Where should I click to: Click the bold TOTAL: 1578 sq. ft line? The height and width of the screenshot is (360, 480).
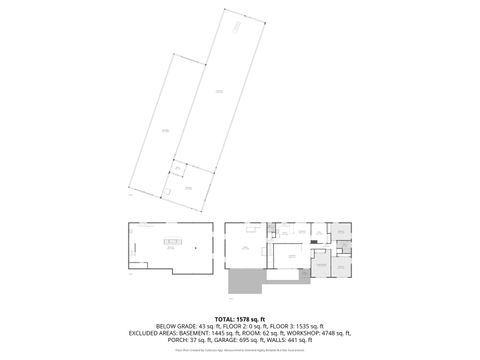pyautogui.click(x=240, y=316)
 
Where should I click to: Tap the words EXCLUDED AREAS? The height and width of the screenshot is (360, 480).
pyautogui.click(x=151, y=333)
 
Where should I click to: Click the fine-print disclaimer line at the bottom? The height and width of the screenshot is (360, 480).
pyautogui.click(x=240, y=351)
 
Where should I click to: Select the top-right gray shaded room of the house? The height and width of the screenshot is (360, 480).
pyautogui.click(x=340, y=232)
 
